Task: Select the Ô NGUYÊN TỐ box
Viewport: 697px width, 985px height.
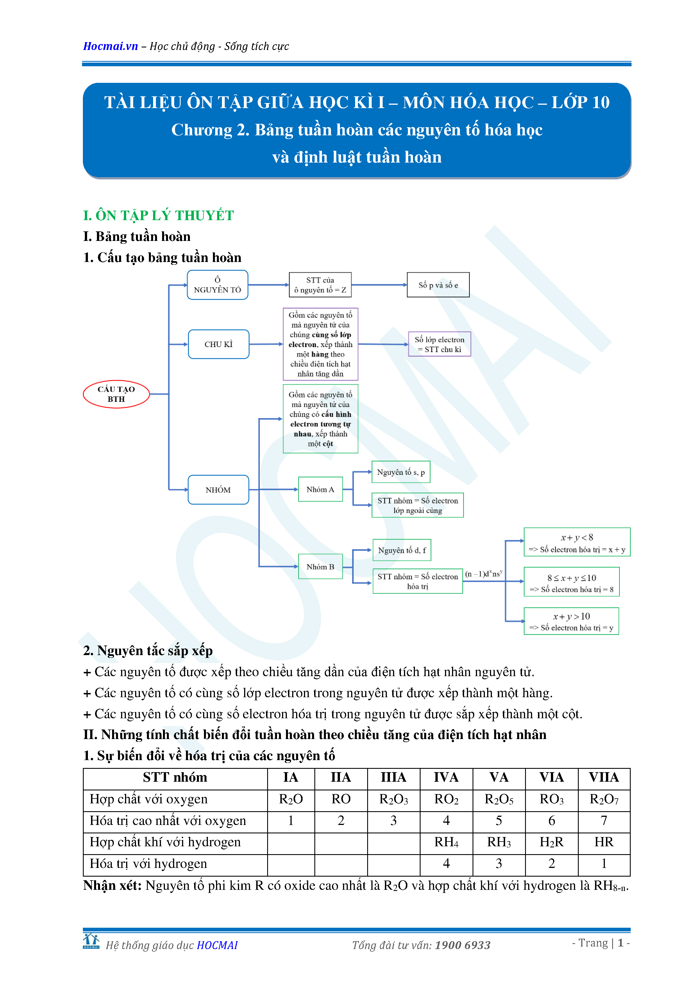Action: (218, 285)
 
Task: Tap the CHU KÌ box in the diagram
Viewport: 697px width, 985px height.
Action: (219, 344)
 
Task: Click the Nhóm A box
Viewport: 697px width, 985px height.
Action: (320, 489)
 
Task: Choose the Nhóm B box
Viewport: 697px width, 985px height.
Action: (320, 567)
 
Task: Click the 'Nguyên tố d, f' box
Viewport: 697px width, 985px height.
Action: (402, 550)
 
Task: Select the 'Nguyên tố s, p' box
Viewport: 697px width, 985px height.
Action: (400, 472)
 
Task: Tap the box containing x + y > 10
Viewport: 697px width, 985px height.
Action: (571, 621)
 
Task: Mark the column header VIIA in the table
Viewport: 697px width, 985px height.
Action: (603, 777)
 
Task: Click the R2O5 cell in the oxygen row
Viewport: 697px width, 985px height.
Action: (499, 799)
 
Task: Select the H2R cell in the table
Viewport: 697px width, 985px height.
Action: (551, 842)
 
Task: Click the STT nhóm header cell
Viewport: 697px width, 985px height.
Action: (175, 777)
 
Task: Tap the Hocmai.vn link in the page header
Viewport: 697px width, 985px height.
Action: (110, 46)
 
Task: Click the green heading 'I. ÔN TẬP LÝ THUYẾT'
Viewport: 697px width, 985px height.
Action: (158, 215)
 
